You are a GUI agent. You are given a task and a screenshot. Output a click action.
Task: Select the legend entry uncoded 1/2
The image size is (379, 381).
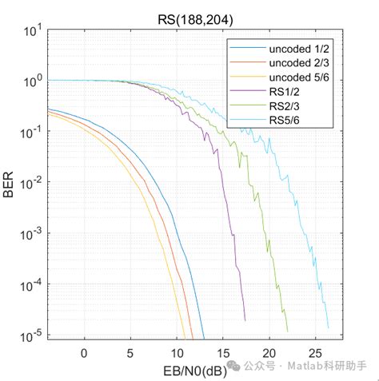[297, 50]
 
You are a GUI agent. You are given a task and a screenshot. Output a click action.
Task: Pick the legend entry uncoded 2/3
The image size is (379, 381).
[297, 64]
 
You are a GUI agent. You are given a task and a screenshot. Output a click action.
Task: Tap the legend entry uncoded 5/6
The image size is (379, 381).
[297, 78]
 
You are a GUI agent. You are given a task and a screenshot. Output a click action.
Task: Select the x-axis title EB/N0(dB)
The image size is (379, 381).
[187, 368]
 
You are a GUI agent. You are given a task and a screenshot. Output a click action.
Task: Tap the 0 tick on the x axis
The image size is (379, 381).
[84, 351]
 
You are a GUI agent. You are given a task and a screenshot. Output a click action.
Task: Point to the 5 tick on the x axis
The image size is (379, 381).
[130, 351]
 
